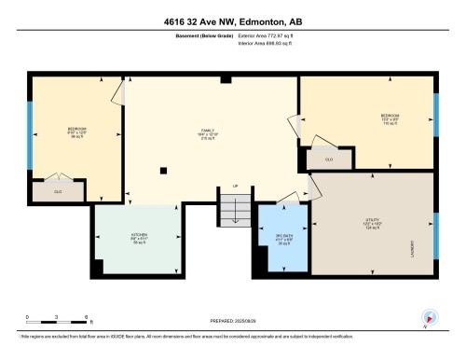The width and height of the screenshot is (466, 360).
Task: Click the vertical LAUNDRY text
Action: [x=411, y=250]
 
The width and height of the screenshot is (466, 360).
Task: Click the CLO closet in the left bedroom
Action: [x=58, y=190]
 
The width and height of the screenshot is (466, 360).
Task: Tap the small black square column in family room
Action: [x=163, y=170]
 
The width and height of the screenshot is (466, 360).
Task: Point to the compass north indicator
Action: [x=429, y=317]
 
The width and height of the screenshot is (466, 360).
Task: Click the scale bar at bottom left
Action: [x=56, y=323]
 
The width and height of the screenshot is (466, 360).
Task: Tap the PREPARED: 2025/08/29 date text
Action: [x=233, y=323]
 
